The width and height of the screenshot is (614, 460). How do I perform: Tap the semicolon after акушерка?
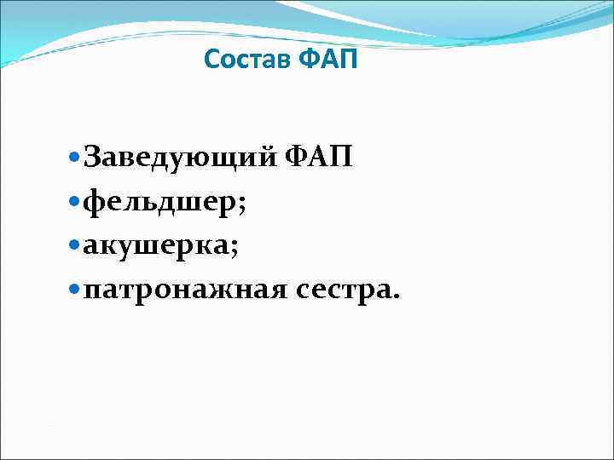[234, 250]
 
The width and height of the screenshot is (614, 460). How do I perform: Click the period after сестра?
[393, 298]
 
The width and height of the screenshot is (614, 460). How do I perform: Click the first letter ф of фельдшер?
[96, 203]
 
